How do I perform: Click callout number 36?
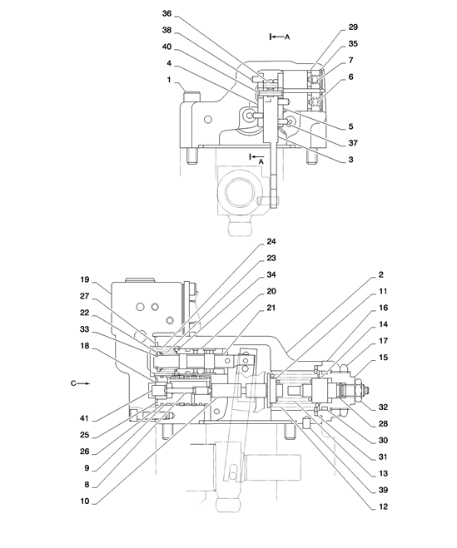pos(167,13)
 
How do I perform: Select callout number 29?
pos(353,27)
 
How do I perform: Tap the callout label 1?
pos(169,80)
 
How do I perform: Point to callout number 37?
pos(353,143)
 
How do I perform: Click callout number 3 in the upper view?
pos(350,160)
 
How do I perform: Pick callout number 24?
pos(271,241)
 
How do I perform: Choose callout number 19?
pos(85,279)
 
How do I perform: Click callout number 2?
pos(381,274)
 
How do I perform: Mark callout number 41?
pos(85,418)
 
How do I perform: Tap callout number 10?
pos(85,501)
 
